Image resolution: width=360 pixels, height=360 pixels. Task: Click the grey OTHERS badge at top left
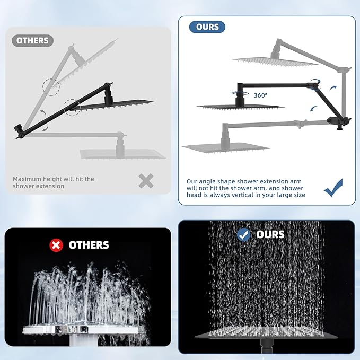[x=32, y=41]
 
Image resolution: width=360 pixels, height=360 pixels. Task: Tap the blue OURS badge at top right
[x=207, y=27]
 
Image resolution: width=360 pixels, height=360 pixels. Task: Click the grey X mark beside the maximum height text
[x=146, y=181]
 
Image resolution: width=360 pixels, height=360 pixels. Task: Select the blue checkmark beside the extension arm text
[x=333, y=188]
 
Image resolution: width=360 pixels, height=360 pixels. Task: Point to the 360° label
[x=260, y=95]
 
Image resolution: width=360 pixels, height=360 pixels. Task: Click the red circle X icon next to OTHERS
[x=56, y=245]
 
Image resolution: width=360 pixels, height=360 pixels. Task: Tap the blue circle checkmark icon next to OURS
[x=243, y=235]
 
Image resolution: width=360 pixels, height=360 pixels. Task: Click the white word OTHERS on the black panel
[x=89, y=245]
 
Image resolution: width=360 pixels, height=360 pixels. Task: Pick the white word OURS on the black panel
[x=270, y=235]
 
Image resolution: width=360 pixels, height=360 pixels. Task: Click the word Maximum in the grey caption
[x=27, y=179]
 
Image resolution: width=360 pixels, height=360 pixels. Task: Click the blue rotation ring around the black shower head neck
[x=240, y=93]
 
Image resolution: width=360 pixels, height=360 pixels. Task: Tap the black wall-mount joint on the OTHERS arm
[x=19, y=130]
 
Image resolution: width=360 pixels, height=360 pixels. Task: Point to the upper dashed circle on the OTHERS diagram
[x=51, y=87]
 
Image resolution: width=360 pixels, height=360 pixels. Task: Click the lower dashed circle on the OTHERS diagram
[x=72, y=108]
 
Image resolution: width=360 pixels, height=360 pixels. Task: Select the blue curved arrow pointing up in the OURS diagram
[x=333, y=88]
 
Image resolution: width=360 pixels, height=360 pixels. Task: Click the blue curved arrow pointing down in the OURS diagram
[x=313, y=109]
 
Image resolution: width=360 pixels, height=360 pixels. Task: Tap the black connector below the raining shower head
[x=267, y=345]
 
